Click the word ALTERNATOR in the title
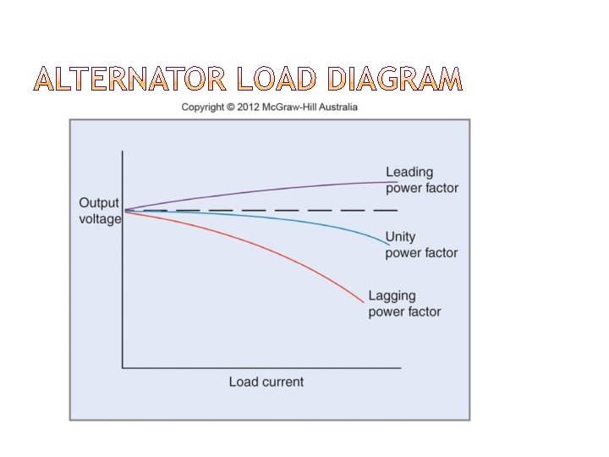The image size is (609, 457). [131, 80]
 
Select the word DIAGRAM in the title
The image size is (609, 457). [393, 80]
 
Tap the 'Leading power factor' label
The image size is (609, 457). [421, 180]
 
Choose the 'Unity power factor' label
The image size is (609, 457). [421, 245]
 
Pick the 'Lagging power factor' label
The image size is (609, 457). [404, 304]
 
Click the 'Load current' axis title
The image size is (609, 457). [266, 382]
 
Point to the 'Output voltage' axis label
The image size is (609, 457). [100, 211]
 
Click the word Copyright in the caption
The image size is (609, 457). [203, 107]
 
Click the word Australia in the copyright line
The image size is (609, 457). [338, 107]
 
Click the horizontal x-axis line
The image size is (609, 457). [262, 367]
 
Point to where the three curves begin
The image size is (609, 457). [125, 210]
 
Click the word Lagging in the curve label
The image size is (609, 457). [392, 296]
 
